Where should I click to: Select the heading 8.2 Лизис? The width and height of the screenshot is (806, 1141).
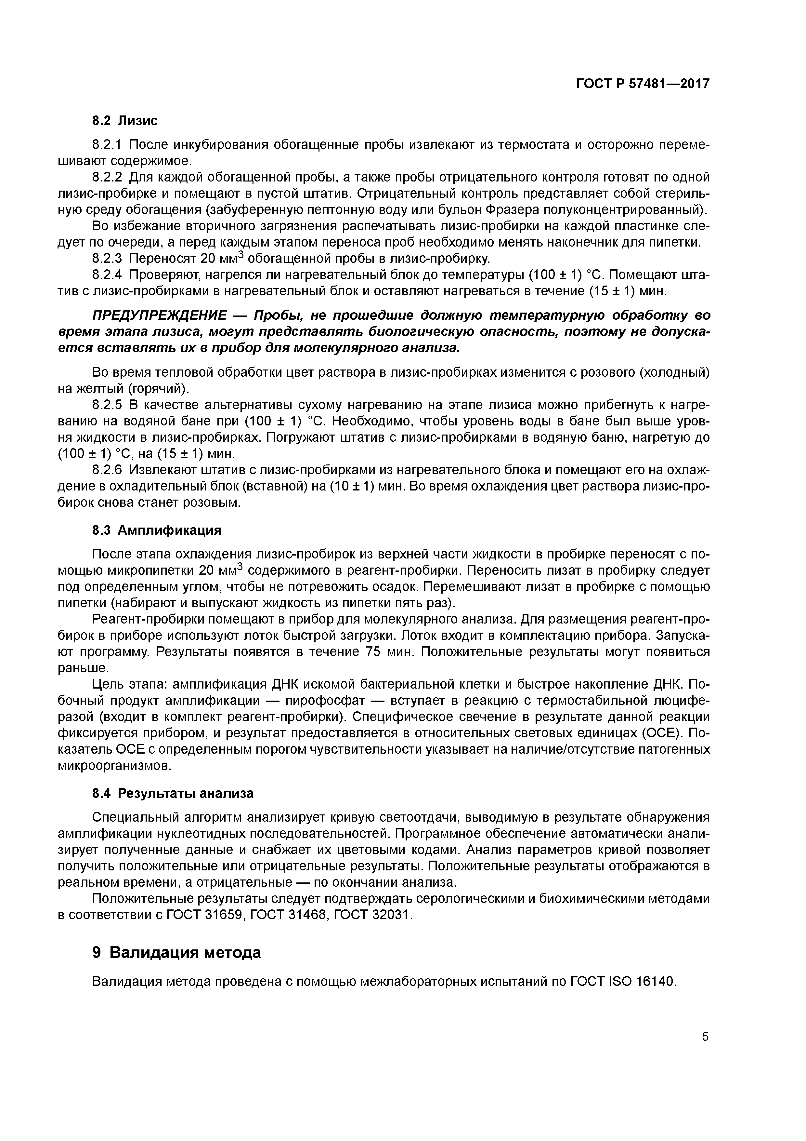click(125, 120)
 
